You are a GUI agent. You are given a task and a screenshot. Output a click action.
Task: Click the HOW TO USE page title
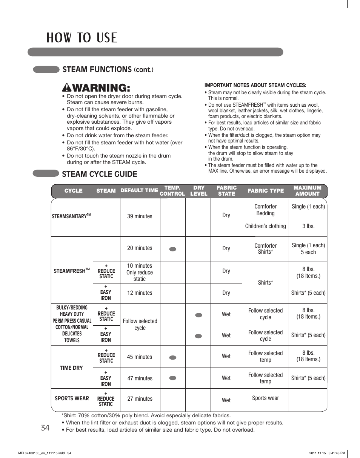[x=82, y=38]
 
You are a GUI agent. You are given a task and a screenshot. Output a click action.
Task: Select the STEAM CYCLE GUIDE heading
[x=100, y=174]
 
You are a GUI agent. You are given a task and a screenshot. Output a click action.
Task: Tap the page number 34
[x=45, y=428]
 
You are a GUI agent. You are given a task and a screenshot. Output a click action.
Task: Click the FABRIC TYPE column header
[x=266, y=191]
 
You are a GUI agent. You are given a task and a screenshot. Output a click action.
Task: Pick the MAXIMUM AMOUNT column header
[x=308, y=191]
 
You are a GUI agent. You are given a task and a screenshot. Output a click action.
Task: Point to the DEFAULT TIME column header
[x=139, y=191]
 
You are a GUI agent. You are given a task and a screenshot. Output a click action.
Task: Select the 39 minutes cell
[x=140, y=216]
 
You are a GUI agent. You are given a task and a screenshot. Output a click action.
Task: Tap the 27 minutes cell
[x=140, y=399]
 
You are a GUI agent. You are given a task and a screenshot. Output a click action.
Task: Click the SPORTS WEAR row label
[x=72, y=398]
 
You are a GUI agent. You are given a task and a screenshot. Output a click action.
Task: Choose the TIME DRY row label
[x=71, y=368]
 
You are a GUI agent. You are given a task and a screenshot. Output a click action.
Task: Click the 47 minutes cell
[x=140, y=378]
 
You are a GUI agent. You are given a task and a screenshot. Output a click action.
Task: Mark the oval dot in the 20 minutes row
[x=173, y=249]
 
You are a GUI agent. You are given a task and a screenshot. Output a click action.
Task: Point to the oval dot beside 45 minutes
[x=173, y=357]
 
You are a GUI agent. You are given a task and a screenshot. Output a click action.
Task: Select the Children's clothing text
[x=265, y=226]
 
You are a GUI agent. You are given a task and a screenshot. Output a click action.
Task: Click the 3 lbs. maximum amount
[x=308, y=226]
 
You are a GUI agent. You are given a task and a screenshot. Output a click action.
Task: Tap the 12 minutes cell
[x=140, y=293]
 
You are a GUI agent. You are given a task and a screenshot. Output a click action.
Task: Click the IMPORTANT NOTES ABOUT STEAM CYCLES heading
[x=255, y=85]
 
